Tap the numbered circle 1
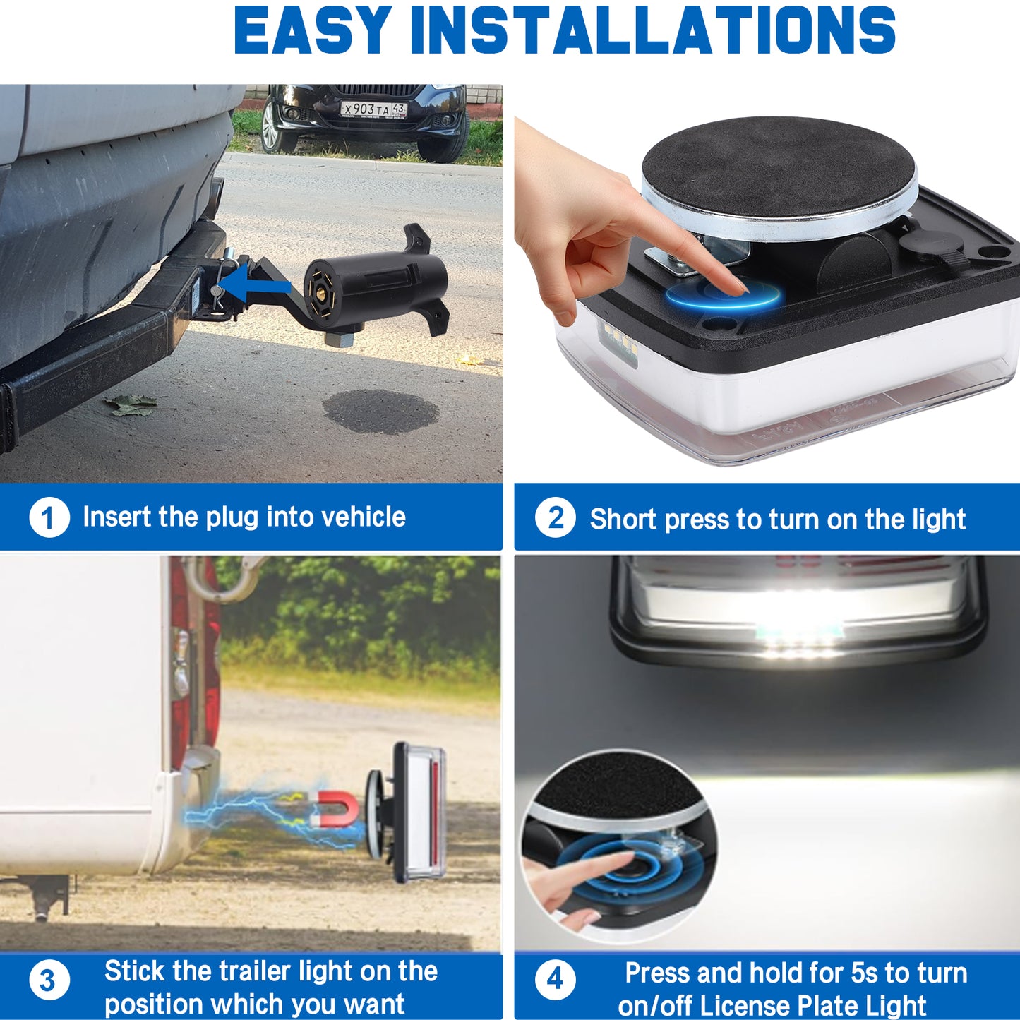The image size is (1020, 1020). (49, 517)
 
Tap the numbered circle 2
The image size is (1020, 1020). (556, 517)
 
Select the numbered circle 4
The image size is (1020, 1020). (556, 980)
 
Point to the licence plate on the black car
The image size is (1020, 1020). (373, 109)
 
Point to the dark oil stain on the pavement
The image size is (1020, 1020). (380, 412)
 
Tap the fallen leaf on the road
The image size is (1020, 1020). (130, 405)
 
